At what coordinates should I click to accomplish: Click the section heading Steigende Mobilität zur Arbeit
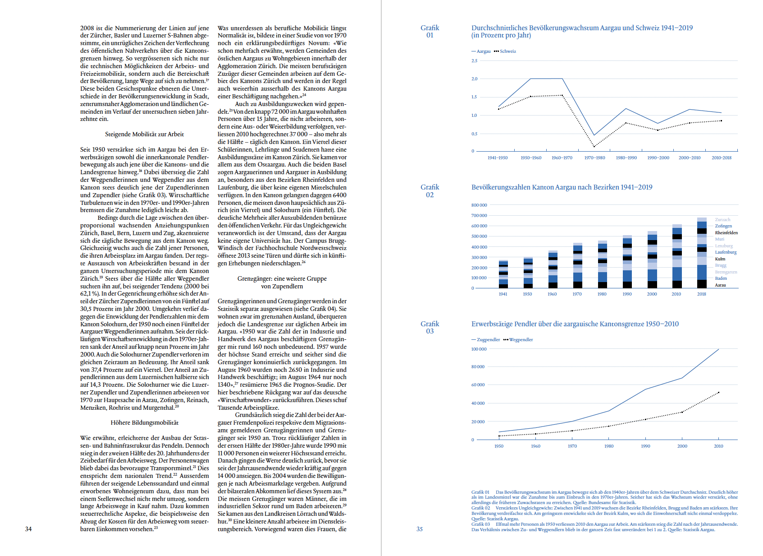point(144,134)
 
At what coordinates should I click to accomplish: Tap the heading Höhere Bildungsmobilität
point(144,422)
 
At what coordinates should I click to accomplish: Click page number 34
point(28,529)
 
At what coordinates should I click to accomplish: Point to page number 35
point(420,529)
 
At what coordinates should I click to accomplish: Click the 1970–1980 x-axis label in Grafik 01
point(594,158)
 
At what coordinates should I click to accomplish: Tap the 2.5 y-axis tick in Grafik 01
point(474,60)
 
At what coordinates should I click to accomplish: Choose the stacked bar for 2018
point(702,253)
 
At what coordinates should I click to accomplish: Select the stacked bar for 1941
point(503,274)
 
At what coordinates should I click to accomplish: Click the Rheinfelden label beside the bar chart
point(726,233)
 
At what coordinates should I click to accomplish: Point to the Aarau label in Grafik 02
point(720,285)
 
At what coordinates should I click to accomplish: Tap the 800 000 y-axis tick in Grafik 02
point(479,205)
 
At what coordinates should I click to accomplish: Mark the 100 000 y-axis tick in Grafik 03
point(479,349)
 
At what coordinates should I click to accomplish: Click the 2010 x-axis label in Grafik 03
point(718,446)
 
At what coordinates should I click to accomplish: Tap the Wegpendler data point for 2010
point(718,393)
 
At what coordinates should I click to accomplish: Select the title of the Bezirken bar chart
point(562,187)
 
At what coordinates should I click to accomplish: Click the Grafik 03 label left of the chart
point(429,327)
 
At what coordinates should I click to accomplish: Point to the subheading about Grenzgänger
point(282,282)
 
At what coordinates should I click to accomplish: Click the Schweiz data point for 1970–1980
point(594,146)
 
